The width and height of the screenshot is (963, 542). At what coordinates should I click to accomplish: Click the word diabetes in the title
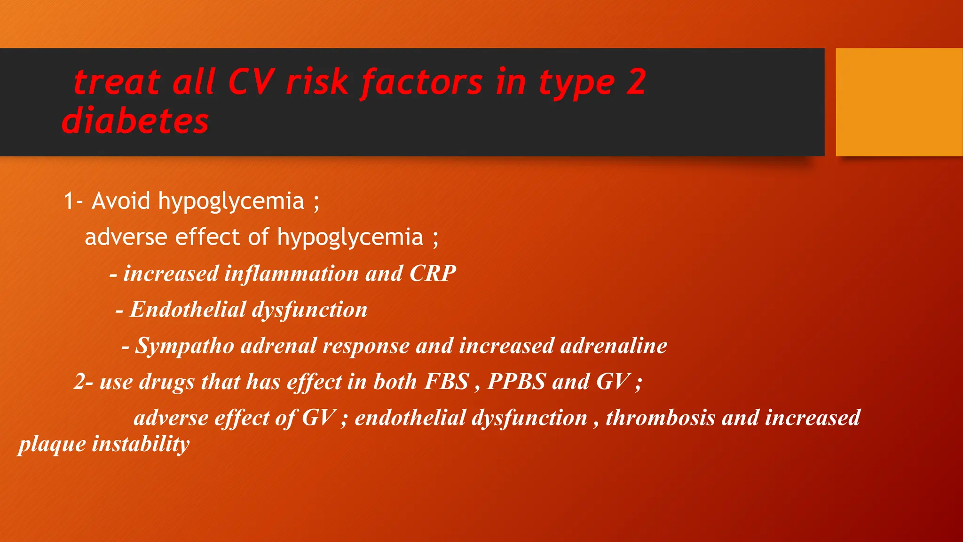coord(135,121)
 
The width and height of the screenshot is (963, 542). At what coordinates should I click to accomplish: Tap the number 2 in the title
coord(636,82)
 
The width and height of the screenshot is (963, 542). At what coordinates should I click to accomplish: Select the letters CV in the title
coord(251,82)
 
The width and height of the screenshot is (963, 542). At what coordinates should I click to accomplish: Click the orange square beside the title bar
coord(899,102)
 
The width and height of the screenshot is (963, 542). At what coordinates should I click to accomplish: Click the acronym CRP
coord(433,273)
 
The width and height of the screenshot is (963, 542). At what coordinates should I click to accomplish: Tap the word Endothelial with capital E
coord(188,310)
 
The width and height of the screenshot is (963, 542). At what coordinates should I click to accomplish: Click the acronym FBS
coord(447,382)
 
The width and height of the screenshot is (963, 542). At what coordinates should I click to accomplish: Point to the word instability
coord(141,444)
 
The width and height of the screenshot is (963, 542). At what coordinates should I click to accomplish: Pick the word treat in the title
coord(117,82)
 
